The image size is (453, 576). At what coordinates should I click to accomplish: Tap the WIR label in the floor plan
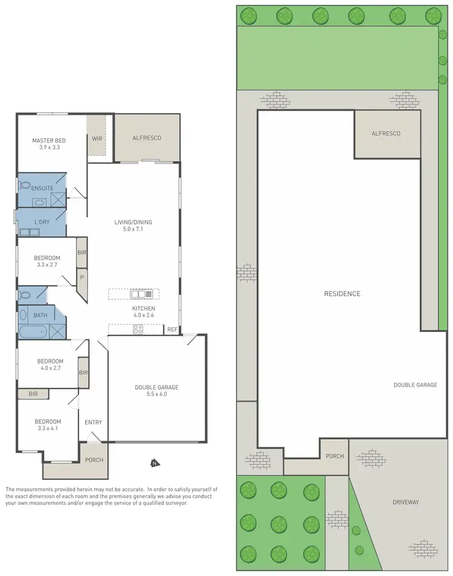97,138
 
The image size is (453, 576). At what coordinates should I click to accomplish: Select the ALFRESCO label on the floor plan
147,138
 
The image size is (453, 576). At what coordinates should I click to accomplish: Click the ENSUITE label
41,188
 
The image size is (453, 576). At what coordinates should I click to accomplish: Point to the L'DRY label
42,222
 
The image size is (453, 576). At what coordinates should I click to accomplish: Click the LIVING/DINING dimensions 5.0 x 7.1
133,229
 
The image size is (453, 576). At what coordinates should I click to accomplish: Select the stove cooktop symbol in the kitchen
137,330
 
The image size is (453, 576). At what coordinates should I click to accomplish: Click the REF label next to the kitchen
172,330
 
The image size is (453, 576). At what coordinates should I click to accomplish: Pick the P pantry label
82,278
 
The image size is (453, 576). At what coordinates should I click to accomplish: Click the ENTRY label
93,423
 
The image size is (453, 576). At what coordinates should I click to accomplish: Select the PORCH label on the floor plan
94,459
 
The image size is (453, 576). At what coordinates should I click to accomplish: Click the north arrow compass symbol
155,463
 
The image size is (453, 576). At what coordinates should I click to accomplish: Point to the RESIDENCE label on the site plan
342,294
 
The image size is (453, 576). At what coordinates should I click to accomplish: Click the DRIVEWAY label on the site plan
405,502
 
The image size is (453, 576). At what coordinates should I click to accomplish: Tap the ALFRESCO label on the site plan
386,133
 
